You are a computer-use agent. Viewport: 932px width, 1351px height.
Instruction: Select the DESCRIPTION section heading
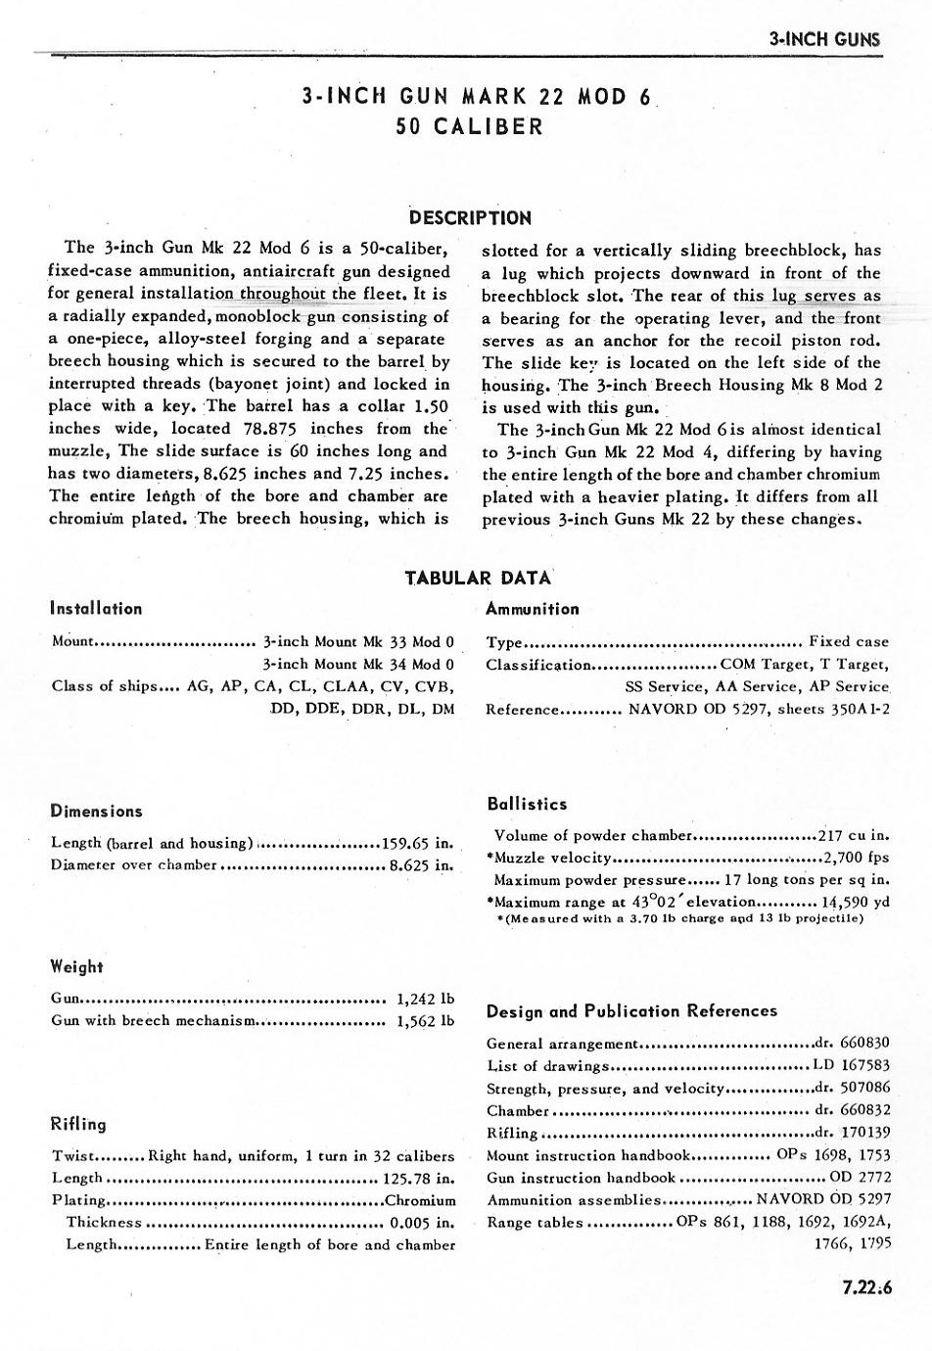[470, 217]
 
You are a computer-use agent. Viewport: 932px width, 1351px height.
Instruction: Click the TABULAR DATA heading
[478, 578]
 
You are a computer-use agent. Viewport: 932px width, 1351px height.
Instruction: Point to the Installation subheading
[96, 608]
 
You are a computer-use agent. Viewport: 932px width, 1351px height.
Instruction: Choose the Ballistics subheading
[527, 804]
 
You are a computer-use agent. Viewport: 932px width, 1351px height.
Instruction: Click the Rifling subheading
[78, 1124]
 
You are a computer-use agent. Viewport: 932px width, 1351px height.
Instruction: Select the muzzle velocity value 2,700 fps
[857, 858]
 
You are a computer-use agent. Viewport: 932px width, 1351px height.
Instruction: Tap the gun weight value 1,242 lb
[426, 1000]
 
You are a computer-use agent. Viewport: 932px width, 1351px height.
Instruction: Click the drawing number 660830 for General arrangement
[862, 1043]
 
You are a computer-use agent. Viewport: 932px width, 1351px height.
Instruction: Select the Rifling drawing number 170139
[862, 1133]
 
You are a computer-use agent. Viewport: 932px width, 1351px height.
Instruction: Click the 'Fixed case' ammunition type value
[849, 641]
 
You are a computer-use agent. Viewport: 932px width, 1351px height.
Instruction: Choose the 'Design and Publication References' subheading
[631, 1010]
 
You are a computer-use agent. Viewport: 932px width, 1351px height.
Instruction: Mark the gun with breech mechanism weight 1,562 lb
[426, 1021]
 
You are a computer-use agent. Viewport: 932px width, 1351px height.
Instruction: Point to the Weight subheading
[76, 966]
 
